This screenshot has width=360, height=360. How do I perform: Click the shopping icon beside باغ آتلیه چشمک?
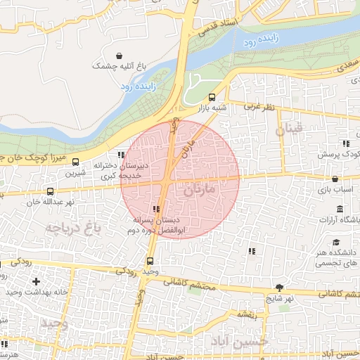point(119,56)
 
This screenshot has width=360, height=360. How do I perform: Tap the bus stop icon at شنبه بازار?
point(212,98)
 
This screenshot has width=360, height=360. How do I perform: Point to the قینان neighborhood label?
point(289,129)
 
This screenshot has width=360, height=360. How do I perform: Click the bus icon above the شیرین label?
point(76,162)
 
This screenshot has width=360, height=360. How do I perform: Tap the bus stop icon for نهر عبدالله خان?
point(50,191)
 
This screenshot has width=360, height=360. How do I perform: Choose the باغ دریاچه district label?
point(72,227)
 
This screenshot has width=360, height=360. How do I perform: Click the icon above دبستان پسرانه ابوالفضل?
point(156,209)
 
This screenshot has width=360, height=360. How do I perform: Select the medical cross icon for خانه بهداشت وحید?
point(36,281)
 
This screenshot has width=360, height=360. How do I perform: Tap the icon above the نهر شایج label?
point(280,288)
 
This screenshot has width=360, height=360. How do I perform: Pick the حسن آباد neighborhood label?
point(240,341)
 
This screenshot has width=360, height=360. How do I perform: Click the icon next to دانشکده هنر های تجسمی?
point(252,251)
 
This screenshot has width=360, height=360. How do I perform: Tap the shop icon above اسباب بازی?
point(335,179)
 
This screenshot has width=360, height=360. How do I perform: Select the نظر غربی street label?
point(258,107)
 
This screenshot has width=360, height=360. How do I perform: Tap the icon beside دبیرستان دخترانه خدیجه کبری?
point(121,155)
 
